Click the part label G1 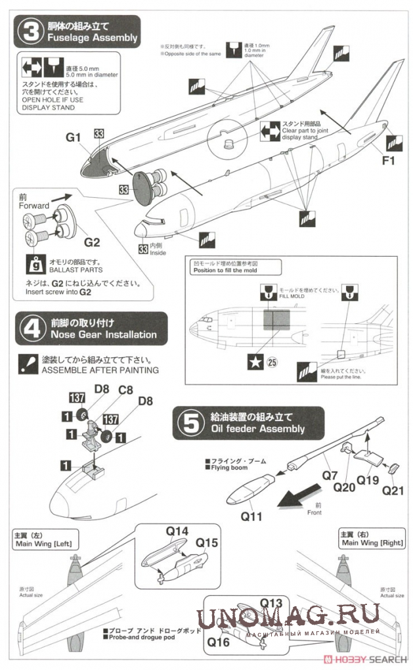click(73, 137)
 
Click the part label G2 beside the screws click(92, 242)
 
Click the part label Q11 click(251, 516)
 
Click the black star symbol click(253, 361)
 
